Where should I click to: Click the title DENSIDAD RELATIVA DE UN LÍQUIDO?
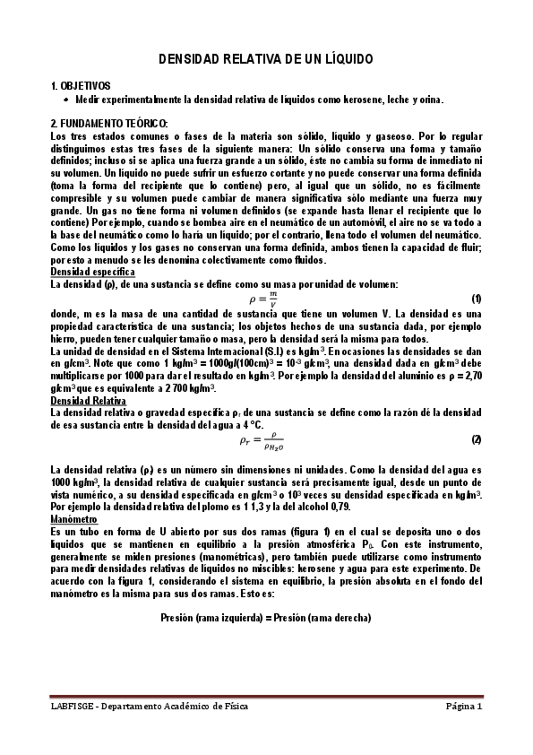266,58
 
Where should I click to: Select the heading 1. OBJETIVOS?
81,86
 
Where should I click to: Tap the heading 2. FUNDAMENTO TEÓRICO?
109,123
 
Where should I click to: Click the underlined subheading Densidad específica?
93,271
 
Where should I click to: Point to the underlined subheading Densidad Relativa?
90,401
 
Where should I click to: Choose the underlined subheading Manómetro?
73,518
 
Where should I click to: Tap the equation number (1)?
477,298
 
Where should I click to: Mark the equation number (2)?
477,439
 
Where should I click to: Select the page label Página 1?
465,707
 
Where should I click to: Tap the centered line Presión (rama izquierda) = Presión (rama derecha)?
266,618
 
